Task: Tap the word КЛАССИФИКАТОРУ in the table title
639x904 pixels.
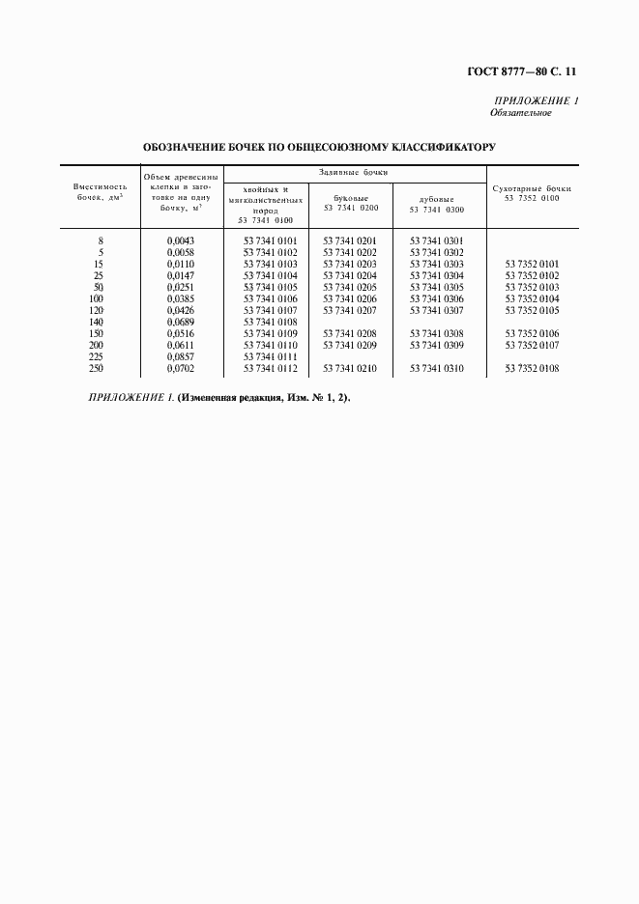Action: pos(442,148)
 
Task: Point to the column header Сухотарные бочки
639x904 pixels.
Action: pos(532,193)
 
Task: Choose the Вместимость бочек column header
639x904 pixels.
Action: pos(101,191)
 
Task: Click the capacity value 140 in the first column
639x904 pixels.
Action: pos(95,322)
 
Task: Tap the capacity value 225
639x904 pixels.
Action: pos(95,356)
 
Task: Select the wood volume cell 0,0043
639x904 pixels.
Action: pos(181,240)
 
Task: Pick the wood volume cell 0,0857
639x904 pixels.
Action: pos(181,356)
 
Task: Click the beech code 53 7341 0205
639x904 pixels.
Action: pos(350,287)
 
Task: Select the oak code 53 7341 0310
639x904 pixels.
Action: pos(436,368)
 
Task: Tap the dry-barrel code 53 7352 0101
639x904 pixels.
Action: pos(532,264)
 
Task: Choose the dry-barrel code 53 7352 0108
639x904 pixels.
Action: pos(532,368)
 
